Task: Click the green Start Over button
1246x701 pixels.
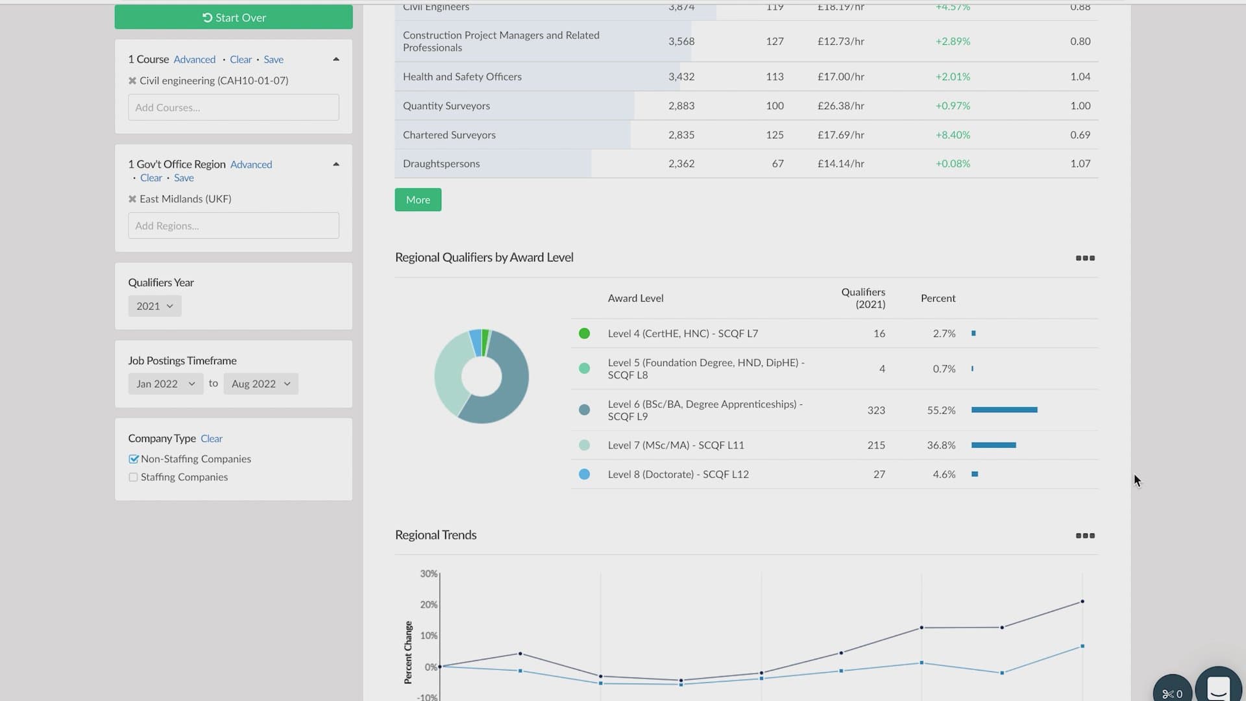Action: pos(234,18)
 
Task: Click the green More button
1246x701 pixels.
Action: pos(418,200)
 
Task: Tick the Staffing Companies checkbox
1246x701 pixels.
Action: pos(133,477)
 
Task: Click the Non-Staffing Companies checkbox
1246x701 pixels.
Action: pos(134,459)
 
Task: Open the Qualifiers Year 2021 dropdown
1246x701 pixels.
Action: pos(154,306)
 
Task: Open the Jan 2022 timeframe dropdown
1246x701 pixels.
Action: pos(165,384)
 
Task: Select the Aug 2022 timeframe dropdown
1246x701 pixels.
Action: pos(261,384)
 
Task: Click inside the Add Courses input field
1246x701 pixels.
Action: pos(234,108)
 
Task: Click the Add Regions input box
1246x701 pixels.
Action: pos(234,226)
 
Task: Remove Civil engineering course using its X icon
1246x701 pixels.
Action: pos(132,80)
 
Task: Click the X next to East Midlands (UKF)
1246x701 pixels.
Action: pos(132,199)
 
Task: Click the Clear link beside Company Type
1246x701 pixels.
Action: pos(212,439)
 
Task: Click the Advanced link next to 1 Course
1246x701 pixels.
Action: pos(194,60)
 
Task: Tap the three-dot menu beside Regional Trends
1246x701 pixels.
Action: pos(1085,535)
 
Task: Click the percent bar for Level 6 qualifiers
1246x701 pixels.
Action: pos(1004,410)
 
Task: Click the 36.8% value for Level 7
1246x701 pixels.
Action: pos(941,445)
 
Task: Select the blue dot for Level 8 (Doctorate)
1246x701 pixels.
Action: pos(584,474)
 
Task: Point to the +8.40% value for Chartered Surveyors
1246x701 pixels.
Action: pos(953,135)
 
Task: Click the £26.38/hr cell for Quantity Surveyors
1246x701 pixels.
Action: pos(840,106)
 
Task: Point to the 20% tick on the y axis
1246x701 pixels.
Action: pos(429,604)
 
